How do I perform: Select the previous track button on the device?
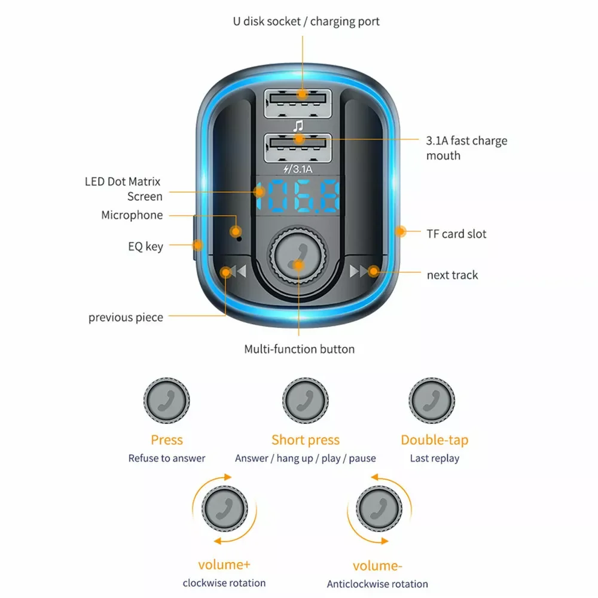[x=233, y=272]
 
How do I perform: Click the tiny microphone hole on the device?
[x=239, y=237]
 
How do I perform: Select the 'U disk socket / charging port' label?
[x=306, y=22]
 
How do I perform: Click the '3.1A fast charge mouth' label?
[x=466, y=148]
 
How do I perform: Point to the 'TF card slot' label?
[x=456, y=234]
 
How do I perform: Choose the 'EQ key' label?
[x=145, y=246]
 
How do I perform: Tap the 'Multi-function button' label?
[x=299, y=349]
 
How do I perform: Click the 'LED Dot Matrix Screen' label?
[x=123, y=189]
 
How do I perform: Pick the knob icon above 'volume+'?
[x=224, y=509]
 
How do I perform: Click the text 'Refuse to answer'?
[x=167, y=459]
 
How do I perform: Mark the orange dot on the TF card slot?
[x=401, y=231]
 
